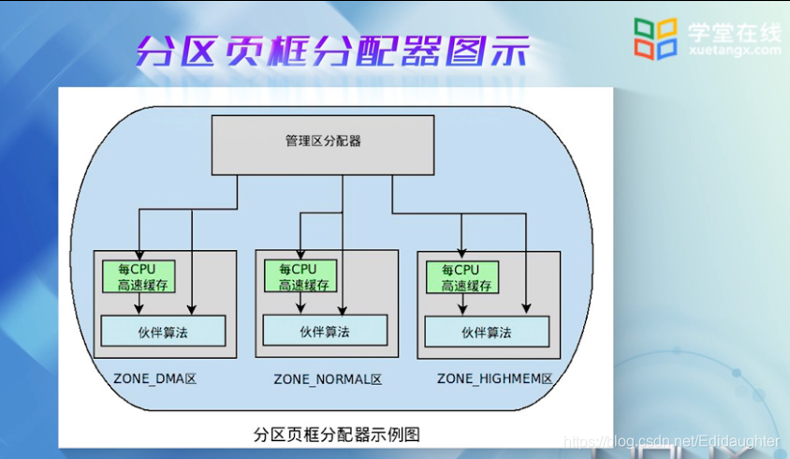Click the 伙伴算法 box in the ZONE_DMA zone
[x=163, y=331]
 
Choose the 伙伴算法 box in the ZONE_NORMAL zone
[x=325, y=331]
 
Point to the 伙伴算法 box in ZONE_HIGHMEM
[x=487, y=332]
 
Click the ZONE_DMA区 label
[x=154, y=379]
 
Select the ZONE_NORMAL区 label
[x=328, y=379]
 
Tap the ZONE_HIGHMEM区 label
[x=495, y=379]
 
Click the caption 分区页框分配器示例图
[x=335, y=434]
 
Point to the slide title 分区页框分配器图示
[x=332, y=50]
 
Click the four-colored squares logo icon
[x=655, y=38]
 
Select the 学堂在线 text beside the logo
[x=734, y=32]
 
